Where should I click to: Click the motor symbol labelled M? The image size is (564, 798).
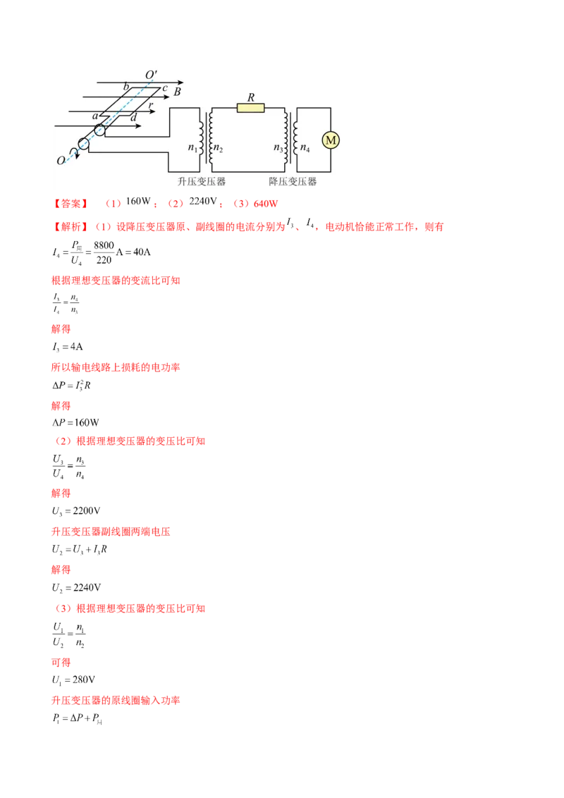pos(330,140)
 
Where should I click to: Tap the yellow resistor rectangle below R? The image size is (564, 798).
pos(250,108)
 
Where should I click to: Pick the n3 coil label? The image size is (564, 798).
pos(278,148)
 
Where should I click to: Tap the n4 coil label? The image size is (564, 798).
pos(305,148)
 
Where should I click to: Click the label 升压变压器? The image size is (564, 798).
pos(202,181)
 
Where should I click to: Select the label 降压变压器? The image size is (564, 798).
pos(293,181)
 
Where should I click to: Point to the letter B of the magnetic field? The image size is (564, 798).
pos(178,92)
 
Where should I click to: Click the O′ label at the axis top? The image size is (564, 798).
pos(151,74)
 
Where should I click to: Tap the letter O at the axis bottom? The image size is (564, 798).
pos(61,161)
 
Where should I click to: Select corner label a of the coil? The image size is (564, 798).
pos(95,115)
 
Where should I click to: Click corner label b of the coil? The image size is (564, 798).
pos(126,87)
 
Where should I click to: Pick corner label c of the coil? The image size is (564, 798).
pos(164,88)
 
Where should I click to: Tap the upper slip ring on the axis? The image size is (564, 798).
pos(100,130)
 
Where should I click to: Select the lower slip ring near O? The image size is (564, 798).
pos(84,144)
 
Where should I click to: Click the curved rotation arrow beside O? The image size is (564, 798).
pos(73,152)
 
